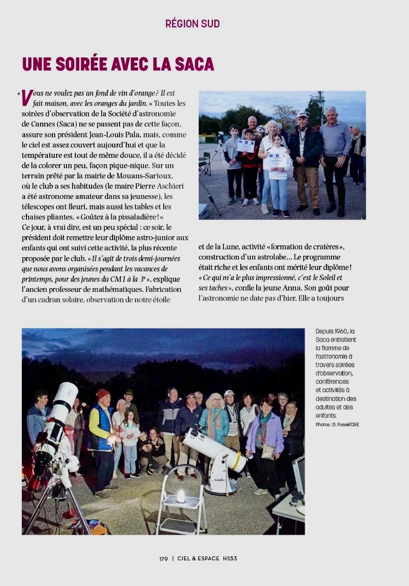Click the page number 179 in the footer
164,559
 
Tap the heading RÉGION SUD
192,24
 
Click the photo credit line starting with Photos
337,425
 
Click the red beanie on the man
104,394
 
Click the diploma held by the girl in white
277,160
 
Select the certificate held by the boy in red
246,145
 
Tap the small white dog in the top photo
260,130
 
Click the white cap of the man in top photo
302,115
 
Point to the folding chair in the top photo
205,164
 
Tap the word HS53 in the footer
230,559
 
